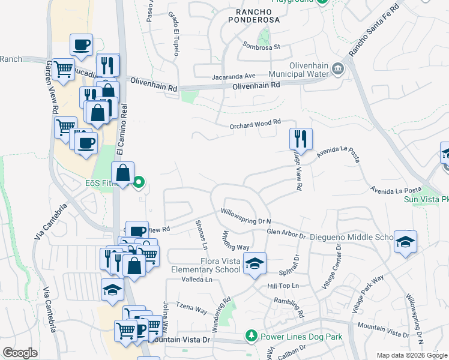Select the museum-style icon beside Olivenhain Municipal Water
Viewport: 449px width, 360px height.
point(337,69)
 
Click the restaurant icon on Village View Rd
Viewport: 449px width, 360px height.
point(300,139)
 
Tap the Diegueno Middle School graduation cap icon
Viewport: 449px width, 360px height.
point(406,241)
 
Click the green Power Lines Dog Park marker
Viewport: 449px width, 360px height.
point(252,337)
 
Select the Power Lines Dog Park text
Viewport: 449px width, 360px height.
point(301,337)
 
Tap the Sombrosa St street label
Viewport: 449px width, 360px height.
point(262,46)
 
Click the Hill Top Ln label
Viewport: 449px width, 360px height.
point(283,286)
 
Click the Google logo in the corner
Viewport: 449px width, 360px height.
point(20,353)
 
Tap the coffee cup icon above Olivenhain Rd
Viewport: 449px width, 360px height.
point(81,44)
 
